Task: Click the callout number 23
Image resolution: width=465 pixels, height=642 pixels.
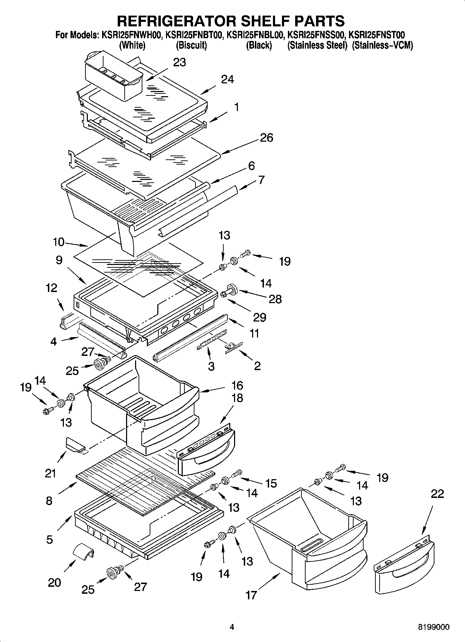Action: pos(180,62)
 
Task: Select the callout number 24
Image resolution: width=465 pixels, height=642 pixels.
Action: pos(227,80)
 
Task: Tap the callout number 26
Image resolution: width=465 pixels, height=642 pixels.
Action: pos(266,138)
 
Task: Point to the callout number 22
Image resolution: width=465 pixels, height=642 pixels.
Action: pos(437,494)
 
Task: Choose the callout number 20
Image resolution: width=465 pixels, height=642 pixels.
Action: pos(54,582)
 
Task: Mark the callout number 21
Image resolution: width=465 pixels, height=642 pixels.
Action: pos(50,473)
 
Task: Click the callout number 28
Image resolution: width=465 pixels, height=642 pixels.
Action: pos(275,299)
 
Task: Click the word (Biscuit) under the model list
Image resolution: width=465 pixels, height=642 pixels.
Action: pos(192,45)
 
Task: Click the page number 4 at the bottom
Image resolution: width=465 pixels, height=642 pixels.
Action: pos(232,627)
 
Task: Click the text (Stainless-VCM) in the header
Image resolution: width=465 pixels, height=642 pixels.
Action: pos(382,45)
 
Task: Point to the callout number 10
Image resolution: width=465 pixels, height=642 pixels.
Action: pos(59,242)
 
